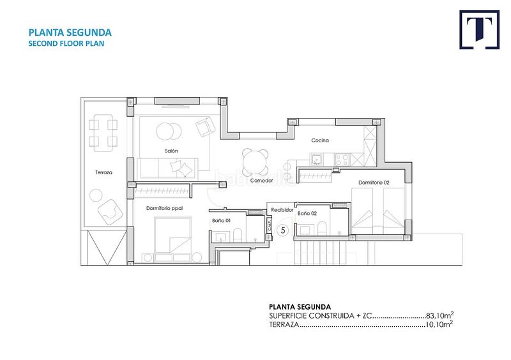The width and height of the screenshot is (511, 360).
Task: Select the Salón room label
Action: click(x=171, y=151)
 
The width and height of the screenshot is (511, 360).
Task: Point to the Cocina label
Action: click(x=320, y=140)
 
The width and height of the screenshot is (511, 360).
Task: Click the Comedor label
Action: click(x=262, y=181)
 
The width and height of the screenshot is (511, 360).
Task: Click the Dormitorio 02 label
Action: click(x=373, y=183)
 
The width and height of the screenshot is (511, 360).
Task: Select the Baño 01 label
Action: click(x=221, y=220)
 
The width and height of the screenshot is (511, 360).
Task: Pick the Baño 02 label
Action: click(x=307, y=213)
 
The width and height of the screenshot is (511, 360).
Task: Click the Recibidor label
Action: click(x=282, y=209)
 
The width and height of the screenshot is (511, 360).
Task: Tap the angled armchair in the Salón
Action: click(x=205, y=127)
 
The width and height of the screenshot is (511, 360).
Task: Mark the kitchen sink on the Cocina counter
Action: click(x=315, y=158)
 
